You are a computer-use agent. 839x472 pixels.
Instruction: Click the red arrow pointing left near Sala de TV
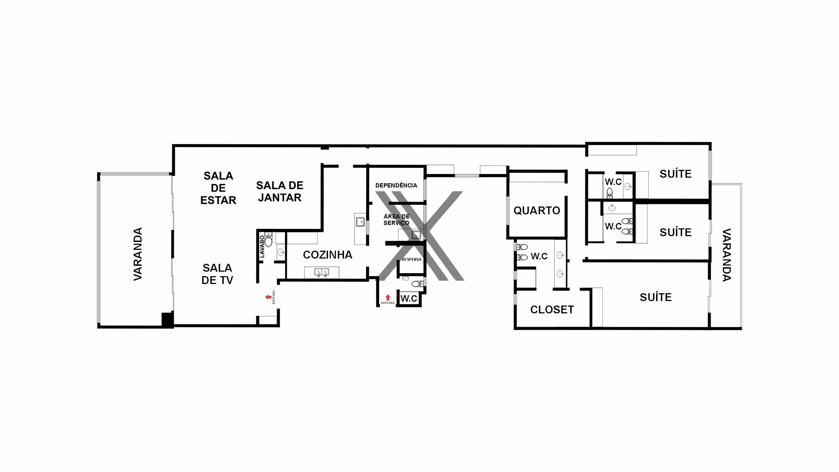point(268,297)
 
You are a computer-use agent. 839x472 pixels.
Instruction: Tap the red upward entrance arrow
point(388,297)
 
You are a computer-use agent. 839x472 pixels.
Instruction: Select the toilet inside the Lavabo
point(268,240)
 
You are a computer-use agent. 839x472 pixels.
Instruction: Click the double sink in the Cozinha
point(322,272)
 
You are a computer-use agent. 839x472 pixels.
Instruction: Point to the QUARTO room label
point(537,210)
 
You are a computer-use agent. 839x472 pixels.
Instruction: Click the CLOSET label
point(552,310)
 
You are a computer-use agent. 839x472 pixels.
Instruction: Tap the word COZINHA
point(328,255)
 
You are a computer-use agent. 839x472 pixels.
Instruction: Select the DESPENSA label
point(412,259)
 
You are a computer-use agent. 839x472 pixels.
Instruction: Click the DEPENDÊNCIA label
point(396,185)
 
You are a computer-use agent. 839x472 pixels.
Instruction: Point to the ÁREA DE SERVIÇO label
point(397,220)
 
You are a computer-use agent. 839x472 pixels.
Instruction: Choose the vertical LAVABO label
point(262,246)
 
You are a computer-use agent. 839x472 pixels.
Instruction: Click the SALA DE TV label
point(217,274)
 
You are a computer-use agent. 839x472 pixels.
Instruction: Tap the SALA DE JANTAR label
point(280,191)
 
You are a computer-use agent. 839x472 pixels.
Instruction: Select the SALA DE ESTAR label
point(218,188)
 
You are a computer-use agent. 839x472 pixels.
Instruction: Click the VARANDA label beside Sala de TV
point(138,254)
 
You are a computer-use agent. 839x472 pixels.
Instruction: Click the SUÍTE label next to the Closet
point(656,297)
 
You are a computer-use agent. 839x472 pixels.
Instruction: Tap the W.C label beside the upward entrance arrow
point(409,298)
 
